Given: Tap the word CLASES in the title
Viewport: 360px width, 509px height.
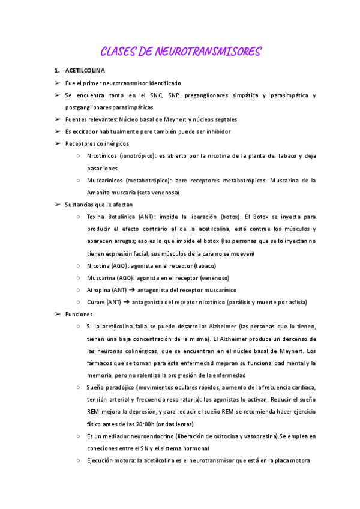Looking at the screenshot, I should pos(118,52).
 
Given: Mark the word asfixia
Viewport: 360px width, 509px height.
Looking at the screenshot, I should pos(295,302).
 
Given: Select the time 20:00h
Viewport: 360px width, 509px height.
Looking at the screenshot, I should pos(152,424).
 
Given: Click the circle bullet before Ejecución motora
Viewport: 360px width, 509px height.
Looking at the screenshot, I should pos(80,461).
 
